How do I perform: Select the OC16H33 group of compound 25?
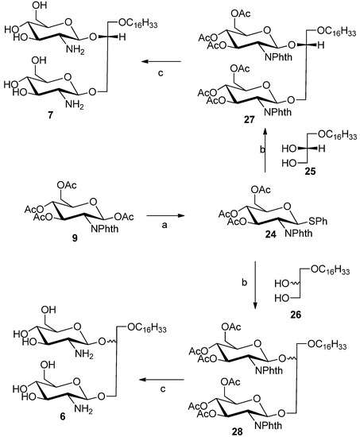click(332, 137)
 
